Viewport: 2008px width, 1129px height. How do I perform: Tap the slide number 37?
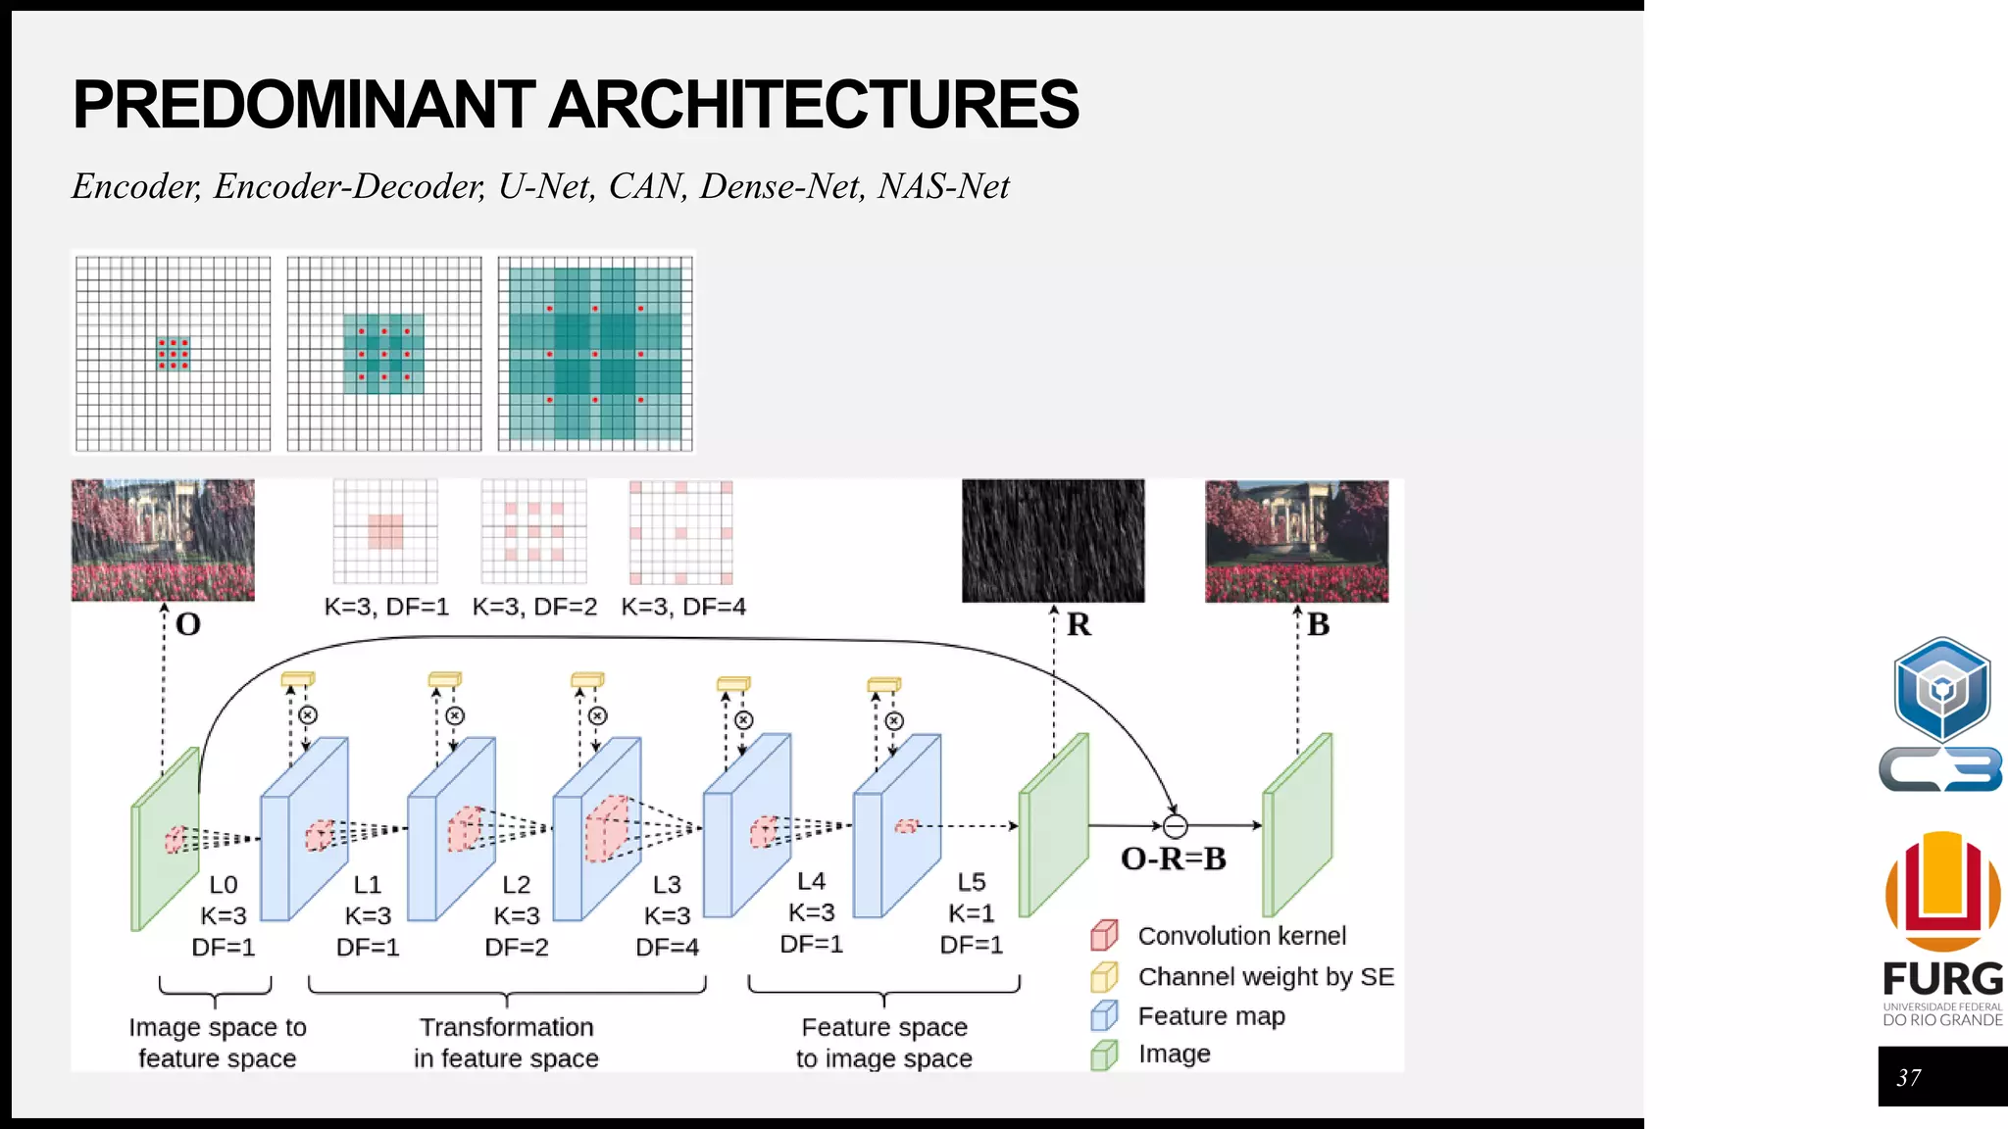pyautogui.click(x=1908, y=1078)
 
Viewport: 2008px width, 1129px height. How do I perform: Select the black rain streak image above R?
pyautogui.click(x=1053, y=540)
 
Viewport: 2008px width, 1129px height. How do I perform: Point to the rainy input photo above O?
pyautogui.click(x=163, y=540)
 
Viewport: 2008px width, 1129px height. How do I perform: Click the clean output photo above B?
pyautogui.click(x=1296, y=541)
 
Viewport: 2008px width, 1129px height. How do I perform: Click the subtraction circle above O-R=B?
pyautogui.click(x=1175, y=826)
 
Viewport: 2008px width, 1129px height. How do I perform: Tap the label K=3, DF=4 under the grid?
pyautogui.click(x=683, y=607)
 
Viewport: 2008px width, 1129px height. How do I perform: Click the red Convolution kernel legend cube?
pyautogui.click(x=1104, y=936)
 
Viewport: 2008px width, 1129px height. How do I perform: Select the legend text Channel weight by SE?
pyautogui.click(x=1266, y=977)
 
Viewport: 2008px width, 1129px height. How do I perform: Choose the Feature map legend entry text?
pyautogui.click(x=1211, y=1016)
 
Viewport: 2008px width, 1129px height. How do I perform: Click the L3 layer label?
pyautogui.click(x=667, y=885)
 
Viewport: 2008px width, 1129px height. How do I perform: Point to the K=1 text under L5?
pyautogui.click(x=971, y=913)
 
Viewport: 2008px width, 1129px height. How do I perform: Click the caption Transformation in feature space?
pyautogui.click(x=506, y=1043)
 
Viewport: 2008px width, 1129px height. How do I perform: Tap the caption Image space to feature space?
pyautogui.click(x=217, y=1043)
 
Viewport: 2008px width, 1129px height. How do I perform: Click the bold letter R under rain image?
pyautogui.click(x=1079, y=624)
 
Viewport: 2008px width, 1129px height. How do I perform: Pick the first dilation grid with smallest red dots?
pyautogui.click(x=174, y=354)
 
